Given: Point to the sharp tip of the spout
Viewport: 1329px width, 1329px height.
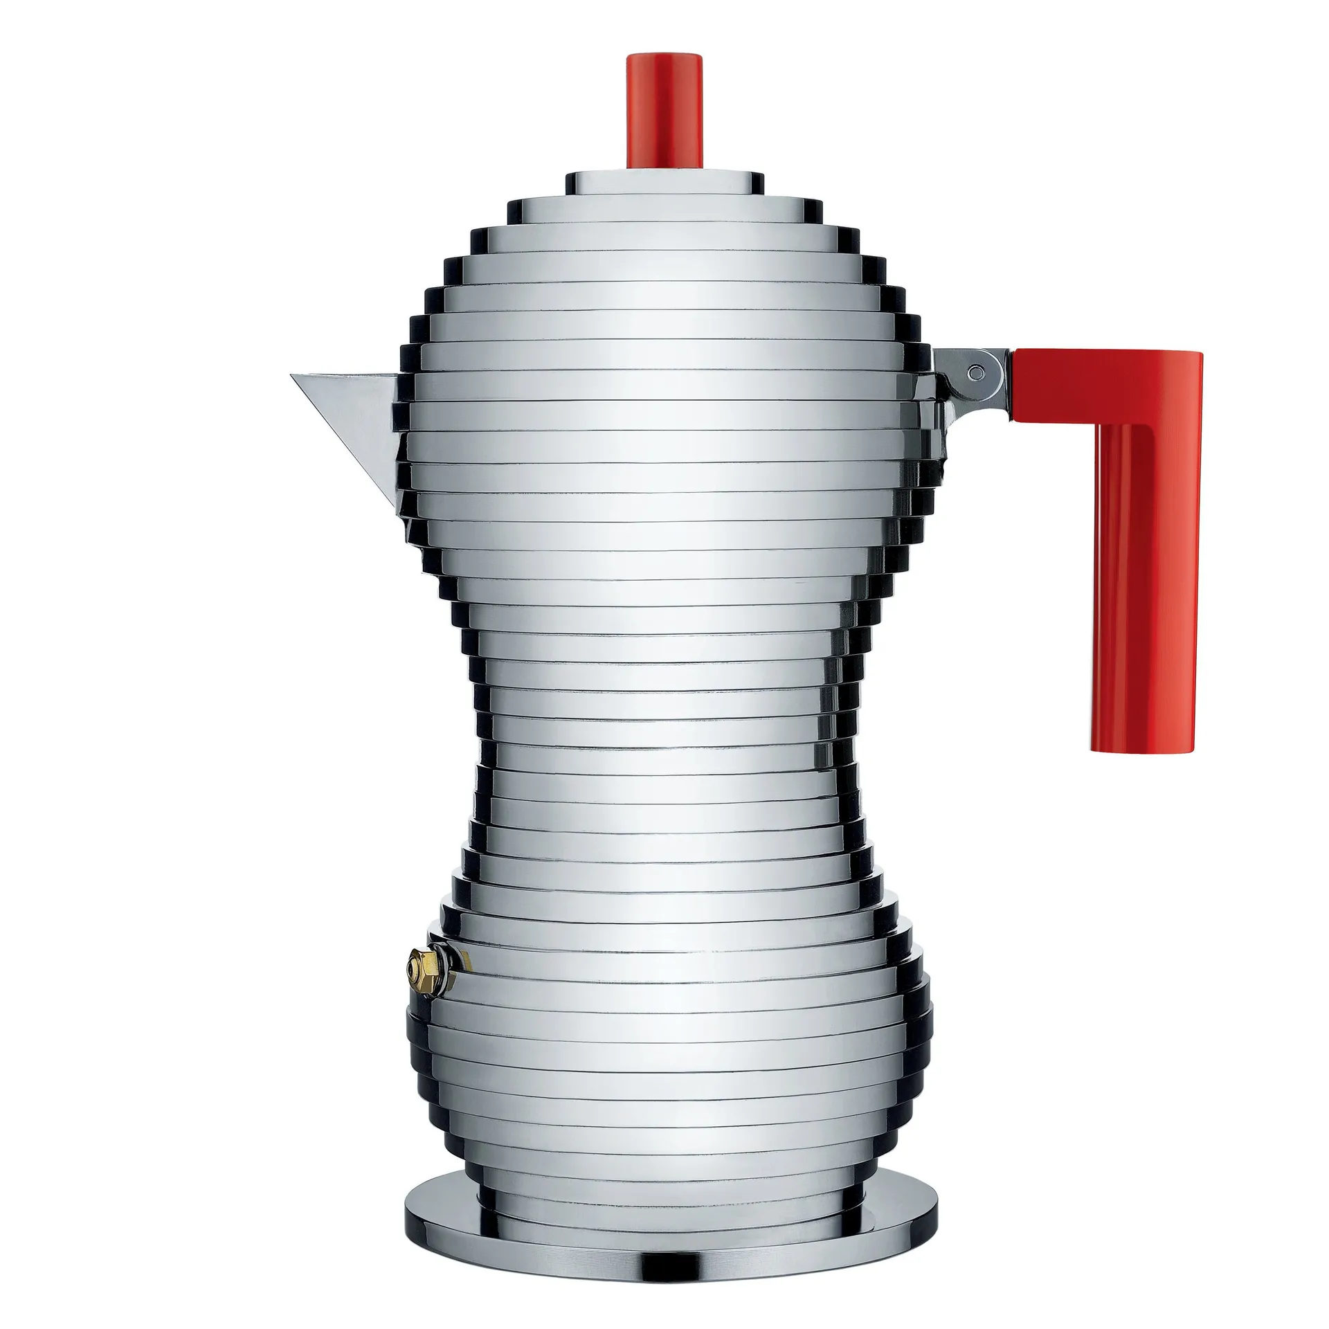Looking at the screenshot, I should click(293, 375).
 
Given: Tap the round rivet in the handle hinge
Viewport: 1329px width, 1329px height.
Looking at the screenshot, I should click(975, 372).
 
